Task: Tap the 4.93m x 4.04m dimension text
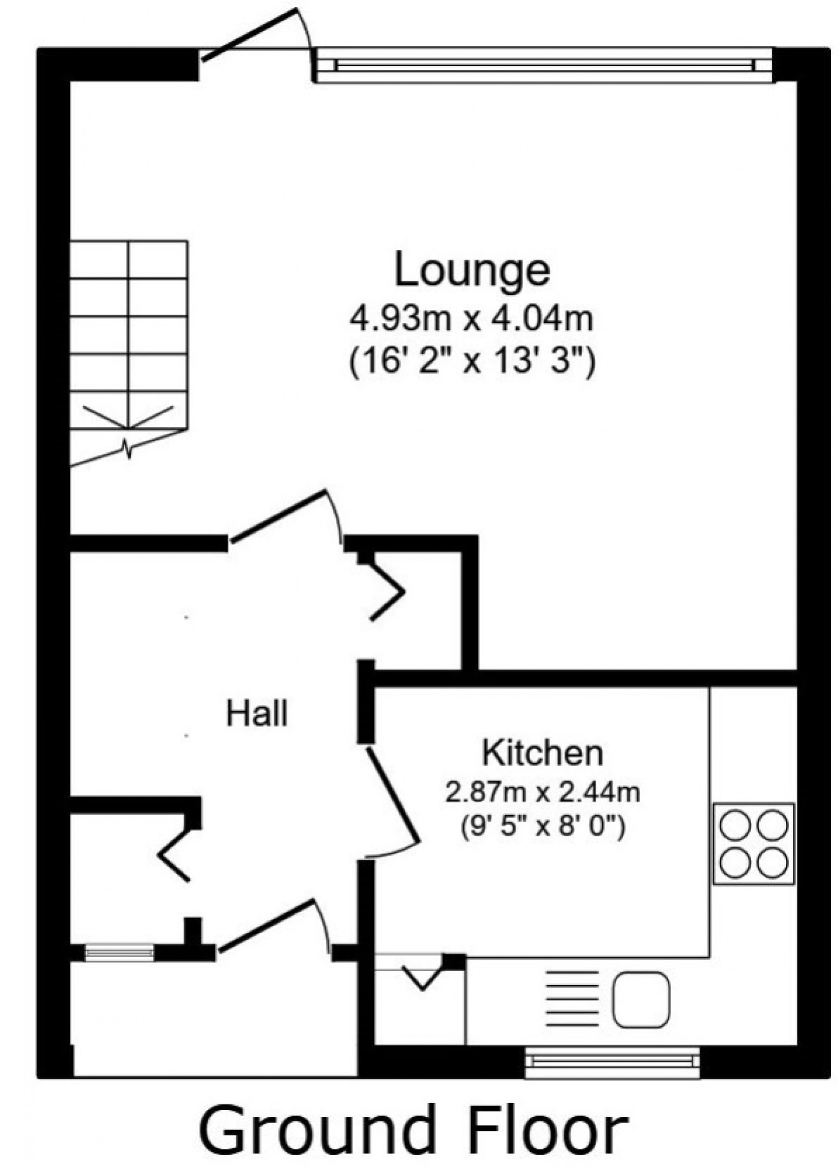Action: point(472,319)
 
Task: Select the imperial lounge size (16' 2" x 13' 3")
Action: point(472,364)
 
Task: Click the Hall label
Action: point(257,713)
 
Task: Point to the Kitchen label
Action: point(542,753)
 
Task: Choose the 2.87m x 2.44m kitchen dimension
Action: point(542,793)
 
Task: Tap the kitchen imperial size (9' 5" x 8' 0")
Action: point(542,827)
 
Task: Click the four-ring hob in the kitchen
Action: point(754,843)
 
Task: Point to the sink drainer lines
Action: point(573,999)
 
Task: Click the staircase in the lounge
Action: point(128,343)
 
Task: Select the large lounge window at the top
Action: point(544,65)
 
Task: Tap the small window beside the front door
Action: point(119,951)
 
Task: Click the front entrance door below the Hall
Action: point(270,927)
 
